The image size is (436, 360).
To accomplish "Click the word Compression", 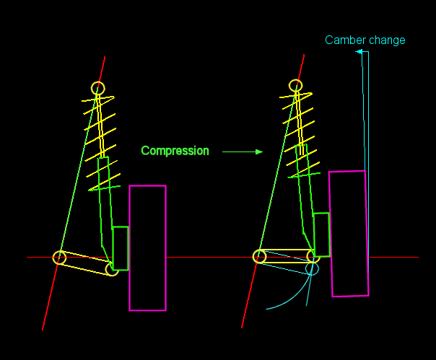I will pos(175,151).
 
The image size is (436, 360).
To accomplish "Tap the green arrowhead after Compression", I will pos(258,152).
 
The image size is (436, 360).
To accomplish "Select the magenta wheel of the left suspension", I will pos(147,248).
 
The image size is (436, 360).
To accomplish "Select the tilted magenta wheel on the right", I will pos(349,234).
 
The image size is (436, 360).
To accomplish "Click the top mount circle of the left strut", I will pos(97,88).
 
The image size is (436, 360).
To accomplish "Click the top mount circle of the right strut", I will pos(296,85).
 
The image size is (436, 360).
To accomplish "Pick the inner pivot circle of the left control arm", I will pos(59,258).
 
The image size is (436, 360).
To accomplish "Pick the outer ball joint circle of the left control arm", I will pos(112,269).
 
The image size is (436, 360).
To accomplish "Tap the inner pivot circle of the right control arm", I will pos(259,256).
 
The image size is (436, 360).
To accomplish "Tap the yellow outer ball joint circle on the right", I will pos(313,256).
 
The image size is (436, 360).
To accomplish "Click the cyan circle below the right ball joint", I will pos(311,268).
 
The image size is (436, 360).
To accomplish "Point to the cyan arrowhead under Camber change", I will pos(358,52).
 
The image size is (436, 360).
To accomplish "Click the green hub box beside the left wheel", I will pos(121,248).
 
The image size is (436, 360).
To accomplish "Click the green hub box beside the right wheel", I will pos(322,234).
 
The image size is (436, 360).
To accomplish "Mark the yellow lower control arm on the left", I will pos(86,263).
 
